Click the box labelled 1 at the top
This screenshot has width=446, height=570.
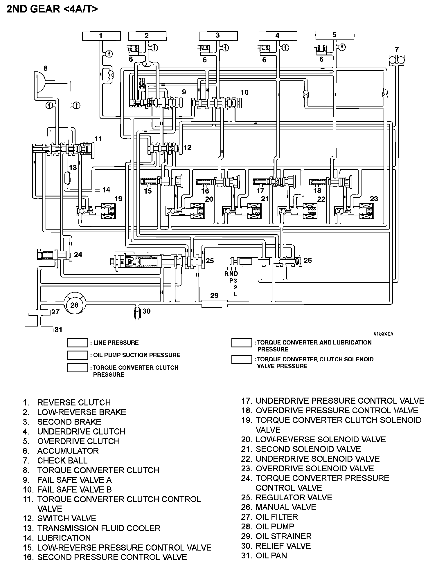click(x=101, y=36)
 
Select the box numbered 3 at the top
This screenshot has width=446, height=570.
click(x=218, y=36)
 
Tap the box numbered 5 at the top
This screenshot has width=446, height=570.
click(x=334, y=35)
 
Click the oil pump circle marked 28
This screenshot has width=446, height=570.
click(x=74, y=305)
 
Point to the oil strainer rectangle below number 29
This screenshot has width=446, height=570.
click(x=214, y=304)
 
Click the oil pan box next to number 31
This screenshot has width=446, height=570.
click(x=39, y=330)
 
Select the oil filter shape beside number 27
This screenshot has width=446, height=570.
click(x=39, y=312)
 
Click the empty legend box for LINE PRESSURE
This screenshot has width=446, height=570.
click(x=78, y=343)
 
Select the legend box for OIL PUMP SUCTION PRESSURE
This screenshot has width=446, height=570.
click(x=78, y=355)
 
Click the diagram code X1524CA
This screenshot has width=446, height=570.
click(x=383, y=334)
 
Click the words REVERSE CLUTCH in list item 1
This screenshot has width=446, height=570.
click(x=74, y=403)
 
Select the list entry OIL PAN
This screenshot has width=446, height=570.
click(x=271, y=555)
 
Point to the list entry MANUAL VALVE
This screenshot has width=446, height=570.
click(x=286, y=507)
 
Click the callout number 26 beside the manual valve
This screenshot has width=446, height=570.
click(x=307, y=260)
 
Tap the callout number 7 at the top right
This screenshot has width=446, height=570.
click(x=397, y=49)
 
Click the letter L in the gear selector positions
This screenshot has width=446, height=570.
click(x=235, y=294)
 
